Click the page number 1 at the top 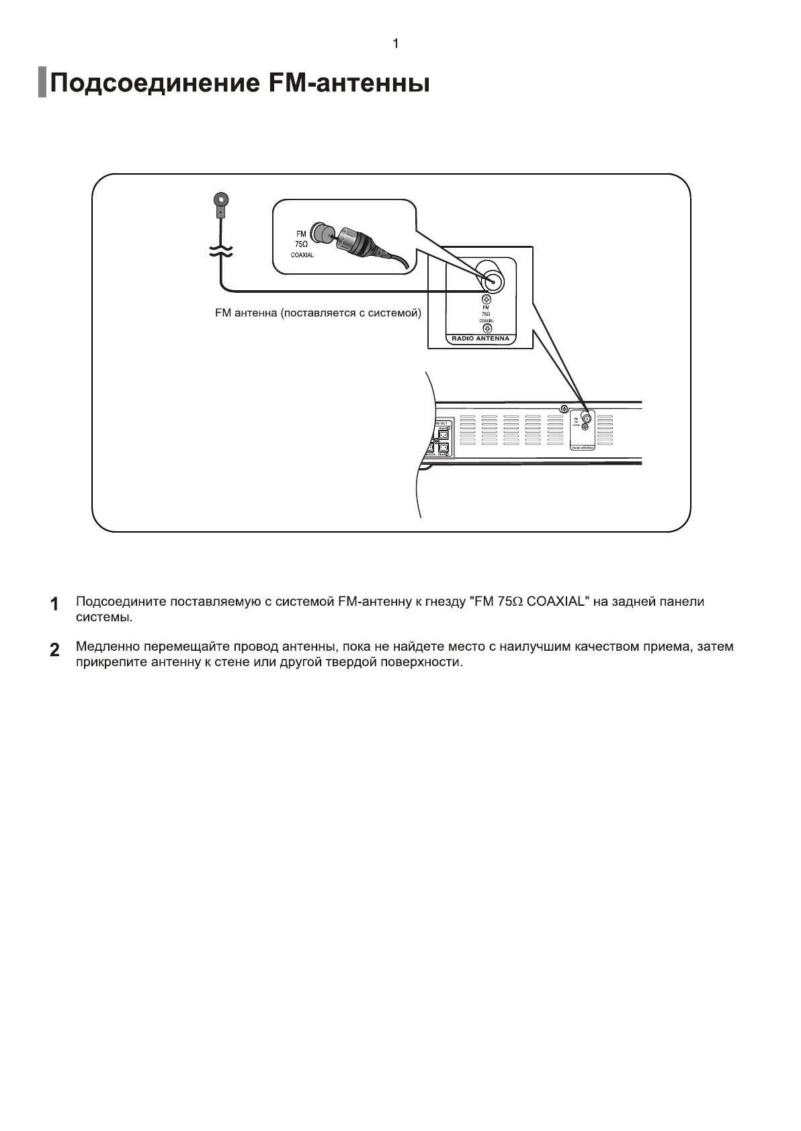[396, 44]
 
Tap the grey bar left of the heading [42, 82]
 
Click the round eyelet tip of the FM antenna [220, 199]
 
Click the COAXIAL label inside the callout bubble [302, 256]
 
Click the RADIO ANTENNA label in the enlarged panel [480, 339]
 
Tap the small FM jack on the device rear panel [587, 418]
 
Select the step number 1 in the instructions [54, 603]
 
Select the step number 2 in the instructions [54, 649]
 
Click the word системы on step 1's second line [103, 617]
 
